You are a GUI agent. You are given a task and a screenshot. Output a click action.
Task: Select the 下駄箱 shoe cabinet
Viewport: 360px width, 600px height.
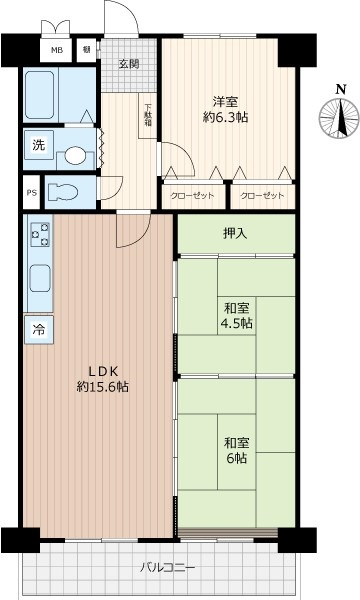148,115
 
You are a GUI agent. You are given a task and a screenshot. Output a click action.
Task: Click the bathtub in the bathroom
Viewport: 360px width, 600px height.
43,97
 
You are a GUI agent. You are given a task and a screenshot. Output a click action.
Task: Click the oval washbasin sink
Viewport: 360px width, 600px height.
76,156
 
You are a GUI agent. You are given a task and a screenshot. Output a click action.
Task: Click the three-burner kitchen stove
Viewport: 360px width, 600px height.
41,236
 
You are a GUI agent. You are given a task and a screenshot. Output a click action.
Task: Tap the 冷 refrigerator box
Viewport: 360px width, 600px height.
39,329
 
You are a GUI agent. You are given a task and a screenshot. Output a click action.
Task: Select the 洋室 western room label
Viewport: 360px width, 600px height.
224,100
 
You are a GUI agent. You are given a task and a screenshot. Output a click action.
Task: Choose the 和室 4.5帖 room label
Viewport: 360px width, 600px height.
237,316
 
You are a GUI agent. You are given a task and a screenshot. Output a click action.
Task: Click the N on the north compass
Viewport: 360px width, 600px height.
341,89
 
